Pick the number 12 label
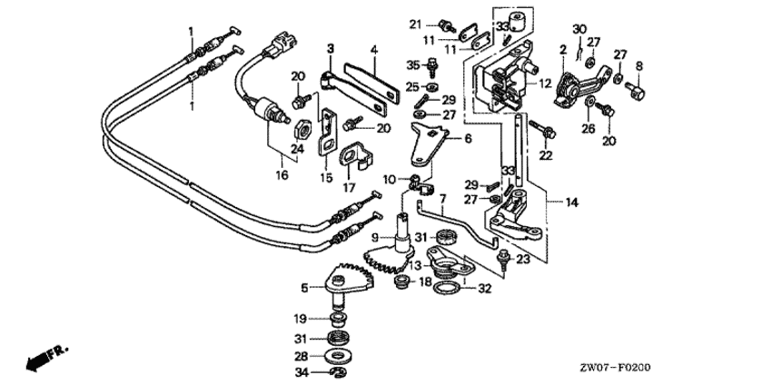tap(545, 84)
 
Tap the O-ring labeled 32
tap(446, 288)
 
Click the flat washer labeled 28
tap(344, 355)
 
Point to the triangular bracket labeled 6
tap(430, 140)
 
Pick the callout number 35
tap(412, 65)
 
